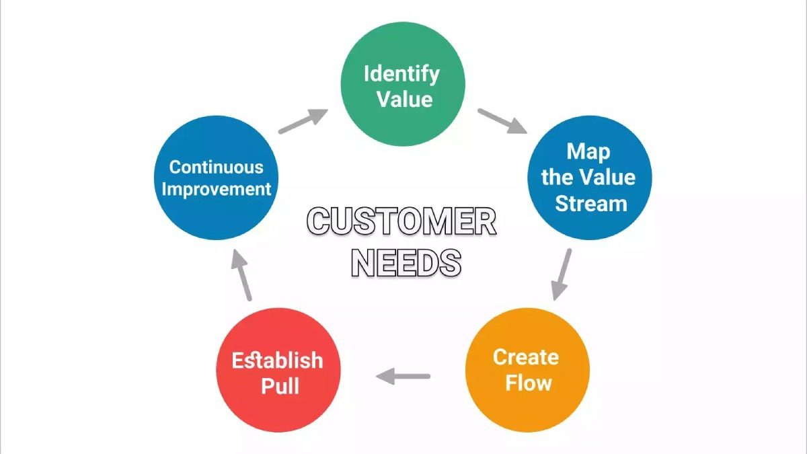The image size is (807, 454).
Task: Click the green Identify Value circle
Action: point(403,84)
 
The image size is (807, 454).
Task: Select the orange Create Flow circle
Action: point(527,370)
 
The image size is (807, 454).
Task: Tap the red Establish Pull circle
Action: point(278,370)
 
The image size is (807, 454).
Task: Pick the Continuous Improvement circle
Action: point(216,178)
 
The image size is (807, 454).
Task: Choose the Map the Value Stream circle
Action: point(590,178)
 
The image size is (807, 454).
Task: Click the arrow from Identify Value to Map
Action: point(502,121)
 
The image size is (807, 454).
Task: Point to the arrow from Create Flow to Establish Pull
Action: point(403,376)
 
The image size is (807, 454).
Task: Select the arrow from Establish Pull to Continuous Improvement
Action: point(241,275)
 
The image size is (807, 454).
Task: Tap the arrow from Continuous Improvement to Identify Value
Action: point(303,121)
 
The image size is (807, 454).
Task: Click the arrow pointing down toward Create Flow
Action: point(562,274)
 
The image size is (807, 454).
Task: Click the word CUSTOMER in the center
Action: point(401,221)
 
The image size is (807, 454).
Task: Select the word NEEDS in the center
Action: point(406,263)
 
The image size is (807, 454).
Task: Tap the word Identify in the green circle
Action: point(401,75)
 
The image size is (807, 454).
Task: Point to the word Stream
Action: point(591,203)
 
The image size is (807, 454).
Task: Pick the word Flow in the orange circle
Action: point(529,382)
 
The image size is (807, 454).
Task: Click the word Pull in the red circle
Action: point(280,386)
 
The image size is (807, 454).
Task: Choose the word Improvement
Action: point(216,190)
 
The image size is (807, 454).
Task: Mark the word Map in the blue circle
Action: point(588,152)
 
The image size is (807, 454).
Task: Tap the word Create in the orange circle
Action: point(526,357)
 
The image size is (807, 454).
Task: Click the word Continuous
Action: point(216,167)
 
